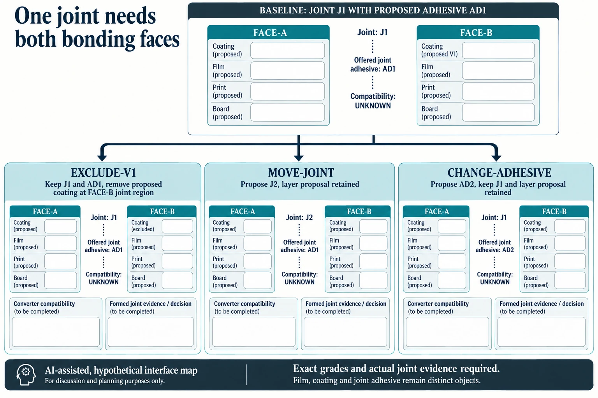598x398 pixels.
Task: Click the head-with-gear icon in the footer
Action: pyautogui.click(x=26, y=375)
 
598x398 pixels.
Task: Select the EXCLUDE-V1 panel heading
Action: pyautogui.click(x=103, y=173)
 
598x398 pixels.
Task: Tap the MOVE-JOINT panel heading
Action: pyautogui.click(x=301, y=173)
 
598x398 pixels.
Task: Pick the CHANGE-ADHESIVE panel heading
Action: pyautogui.click(x=499, y=173)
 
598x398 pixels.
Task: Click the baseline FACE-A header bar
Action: pyautogui.click(x=269, y=33)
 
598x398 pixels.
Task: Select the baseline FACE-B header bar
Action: pyautogui.click(x=478, y=33)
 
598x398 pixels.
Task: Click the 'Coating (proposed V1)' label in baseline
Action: pyautogui.click(x=440, y=50)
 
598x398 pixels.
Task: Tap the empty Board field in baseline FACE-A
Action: pyautogui.click(x=288, y=112)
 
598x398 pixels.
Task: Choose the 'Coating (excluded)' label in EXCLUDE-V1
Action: pyautogui.click(x=142, y=226)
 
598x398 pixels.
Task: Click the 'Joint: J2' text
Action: pyautogui.click(x=299, y=218)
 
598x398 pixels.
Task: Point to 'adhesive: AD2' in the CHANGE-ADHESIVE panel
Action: pyautogui.click(x=495, y=250)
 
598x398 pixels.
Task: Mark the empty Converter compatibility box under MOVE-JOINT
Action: pyautogui.click(x=254, y=332)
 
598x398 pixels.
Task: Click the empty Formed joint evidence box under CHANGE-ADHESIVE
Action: pyautogui.click(x=541, y=332)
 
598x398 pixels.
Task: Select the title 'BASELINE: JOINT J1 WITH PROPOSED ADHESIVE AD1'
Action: pyautogui.click(x=373, y=10)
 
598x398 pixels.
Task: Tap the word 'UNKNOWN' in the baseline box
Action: pyautogui.click(x=373, y=106)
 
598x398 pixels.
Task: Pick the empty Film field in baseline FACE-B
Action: pyautogui.click(x=498, y=71)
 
